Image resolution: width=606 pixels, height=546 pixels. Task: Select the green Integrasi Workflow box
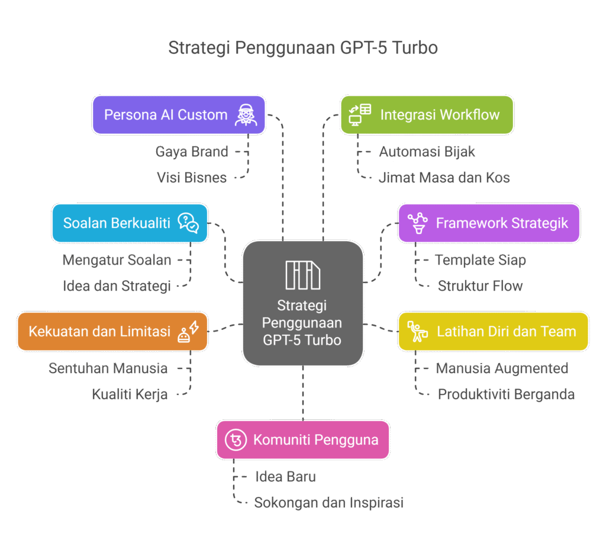tap(427, 114)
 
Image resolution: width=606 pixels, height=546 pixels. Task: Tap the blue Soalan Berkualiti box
tap(130, 223)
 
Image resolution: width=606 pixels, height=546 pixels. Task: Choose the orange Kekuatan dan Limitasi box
tap(112, 332)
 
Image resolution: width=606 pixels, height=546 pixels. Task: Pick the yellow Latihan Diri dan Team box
tap(493, 332)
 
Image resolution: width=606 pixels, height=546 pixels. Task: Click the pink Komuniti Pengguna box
tap(302, 439)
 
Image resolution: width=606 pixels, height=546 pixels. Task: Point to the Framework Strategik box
tap(489, 223)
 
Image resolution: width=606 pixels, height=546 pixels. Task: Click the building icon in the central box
tap(302, 275)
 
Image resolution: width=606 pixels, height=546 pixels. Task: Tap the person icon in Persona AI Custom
tap(246, 114)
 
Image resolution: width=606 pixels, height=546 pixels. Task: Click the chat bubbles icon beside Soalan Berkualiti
tap(188, 223)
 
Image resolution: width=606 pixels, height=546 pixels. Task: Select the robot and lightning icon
tap(188, 332)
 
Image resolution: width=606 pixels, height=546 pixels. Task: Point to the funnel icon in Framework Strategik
tap(418, 223)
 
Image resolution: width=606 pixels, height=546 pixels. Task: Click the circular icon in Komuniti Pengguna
tap(236, 439)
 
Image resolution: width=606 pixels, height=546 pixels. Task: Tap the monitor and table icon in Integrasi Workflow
tap(360, 114)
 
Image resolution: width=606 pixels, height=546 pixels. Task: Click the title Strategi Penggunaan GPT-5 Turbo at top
tap(303, 47)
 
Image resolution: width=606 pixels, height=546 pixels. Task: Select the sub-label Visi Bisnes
tap(192, 177)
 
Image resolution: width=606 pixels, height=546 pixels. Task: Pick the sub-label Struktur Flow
tap(481, 286)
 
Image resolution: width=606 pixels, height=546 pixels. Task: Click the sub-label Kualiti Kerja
tap(130, 394)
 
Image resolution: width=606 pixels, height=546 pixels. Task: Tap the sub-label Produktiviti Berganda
tap(506, 394)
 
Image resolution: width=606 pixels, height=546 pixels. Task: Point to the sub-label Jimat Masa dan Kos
tap(444, 177)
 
